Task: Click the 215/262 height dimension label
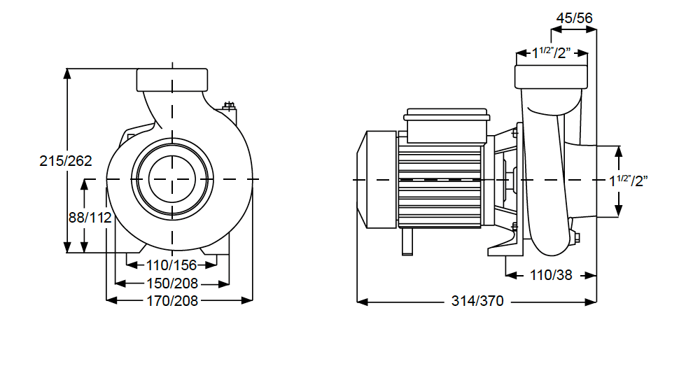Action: (x=66, y=161)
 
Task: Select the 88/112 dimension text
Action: (x=90, y=218)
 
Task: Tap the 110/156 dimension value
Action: (x=171, y=265)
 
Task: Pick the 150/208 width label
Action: (x=172, y=283)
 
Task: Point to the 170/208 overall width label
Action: (x=172, y=301)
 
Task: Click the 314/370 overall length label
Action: (x=477, y=301)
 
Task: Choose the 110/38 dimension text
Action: (x=551, y=275)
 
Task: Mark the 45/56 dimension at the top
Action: (x=574, y=18)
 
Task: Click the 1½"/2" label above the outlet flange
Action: (x=552, y=52)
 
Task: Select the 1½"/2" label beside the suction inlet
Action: (x=629, y=181)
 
